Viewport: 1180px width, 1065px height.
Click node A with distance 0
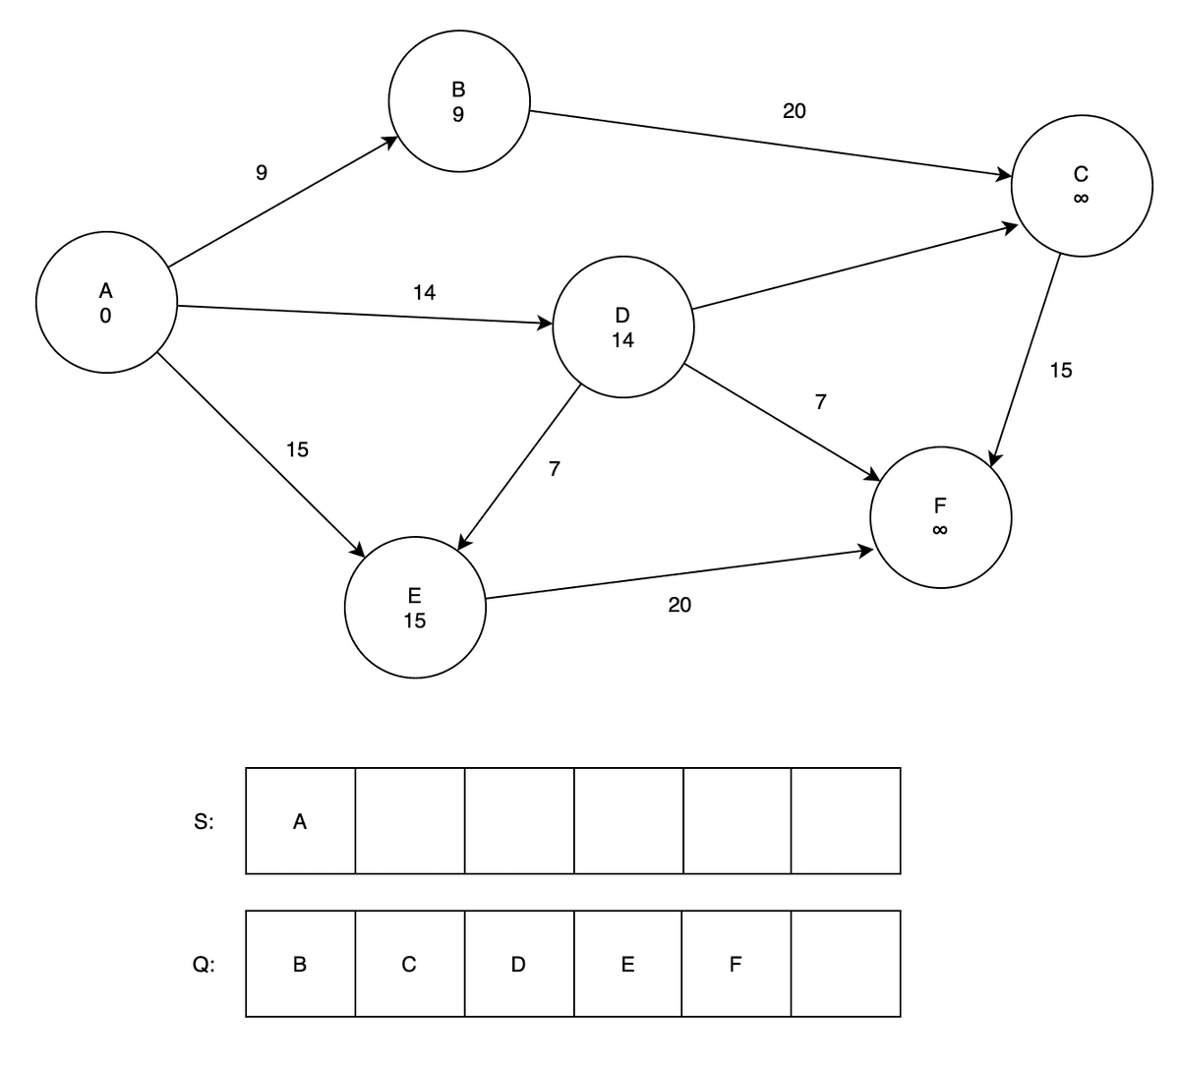[x=106, y=302]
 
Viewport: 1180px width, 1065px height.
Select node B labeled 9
[x=459, y=101]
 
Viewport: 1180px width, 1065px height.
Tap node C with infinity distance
[x=1081, y=186]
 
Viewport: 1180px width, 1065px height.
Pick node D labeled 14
[x=622, y=327]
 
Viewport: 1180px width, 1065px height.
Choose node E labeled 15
[x=414, y=608]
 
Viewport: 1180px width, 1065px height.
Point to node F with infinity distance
[x=940, y=517]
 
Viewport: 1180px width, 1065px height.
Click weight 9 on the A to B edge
[x=261, y=174]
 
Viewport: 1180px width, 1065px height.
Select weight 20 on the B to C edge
[x=795, y=111]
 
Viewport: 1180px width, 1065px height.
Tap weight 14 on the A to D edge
[x=424, y=292]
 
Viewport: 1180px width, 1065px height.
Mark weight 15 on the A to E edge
[x=297, y=449]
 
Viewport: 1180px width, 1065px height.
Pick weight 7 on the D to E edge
[x=555, y=469]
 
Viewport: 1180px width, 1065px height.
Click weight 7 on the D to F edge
[x=820, y=401]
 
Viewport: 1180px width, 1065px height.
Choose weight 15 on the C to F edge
[x=1061, y=371]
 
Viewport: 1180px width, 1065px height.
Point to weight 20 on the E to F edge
[x=679, y=605]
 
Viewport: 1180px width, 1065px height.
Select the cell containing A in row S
[x=300, y=821]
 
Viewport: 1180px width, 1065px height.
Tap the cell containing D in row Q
[x=519, y=964]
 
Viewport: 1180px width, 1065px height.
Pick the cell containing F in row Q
[x=737, y=964]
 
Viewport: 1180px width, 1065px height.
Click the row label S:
[x=204, y=822]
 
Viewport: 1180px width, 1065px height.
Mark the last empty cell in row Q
[x=846, y=964]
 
